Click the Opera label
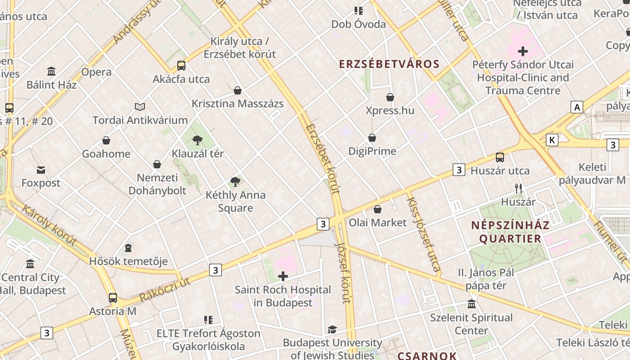pyautogui.click(x=96, y=72)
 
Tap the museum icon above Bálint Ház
pyautogui.click(x=51, y=71)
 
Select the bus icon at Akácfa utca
pyautogui.click(x=181, y=66)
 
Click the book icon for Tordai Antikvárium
pyautogui.click(x=140, y=107)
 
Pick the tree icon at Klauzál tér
pyautogui.click(x=197, y=140)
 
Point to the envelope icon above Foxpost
pyautogui.click(x=41, y=170)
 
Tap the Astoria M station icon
pyautogui.click(x=113, y=297)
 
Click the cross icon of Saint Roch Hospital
pyautogui.click(x=283, y=276)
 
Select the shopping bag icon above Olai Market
pyautogui.click(x=378, y=209)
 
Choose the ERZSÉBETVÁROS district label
pyautogui.click(x=389, y=64)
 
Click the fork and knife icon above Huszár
pyautogui.click(x=518, y=189)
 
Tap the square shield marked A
pyautogui.click(x=576, y=107)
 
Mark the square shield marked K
pyautogui.click(x=552, y=140)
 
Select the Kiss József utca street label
pyautogui.click(x=423, y=234)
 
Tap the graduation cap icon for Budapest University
pyautogui.click(x=332, y=329)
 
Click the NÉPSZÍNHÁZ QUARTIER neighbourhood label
pyautogui.click(x=510, y=232)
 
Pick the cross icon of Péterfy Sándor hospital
pyautogui.click(x=523, y=51)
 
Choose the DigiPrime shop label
pyautogui.click(x=372, y=151)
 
